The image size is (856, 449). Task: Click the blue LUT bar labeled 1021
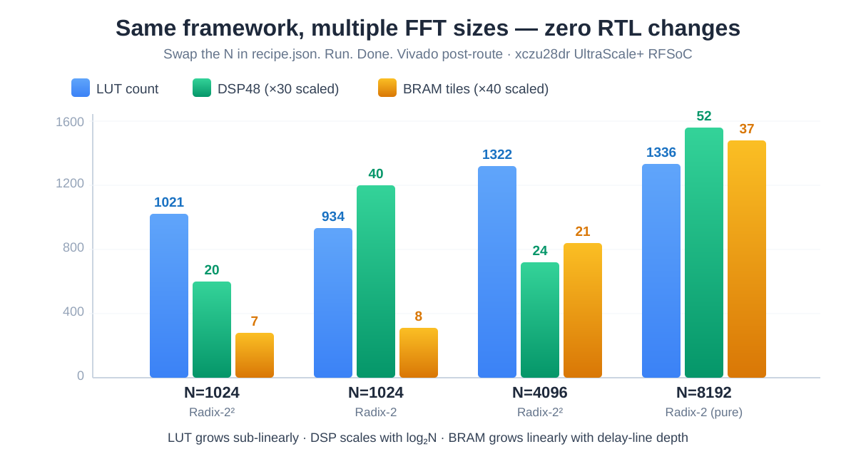point(169,296)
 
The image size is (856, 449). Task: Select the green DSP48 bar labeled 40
point(376,282)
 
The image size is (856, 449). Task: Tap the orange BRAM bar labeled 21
point(583,310)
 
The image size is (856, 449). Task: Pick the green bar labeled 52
point(704,253)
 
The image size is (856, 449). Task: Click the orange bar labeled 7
point(255,355)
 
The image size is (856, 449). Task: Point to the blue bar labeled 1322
point(497,272)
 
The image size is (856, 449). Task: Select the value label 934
point(333,217)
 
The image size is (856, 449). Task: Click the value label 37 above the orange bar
point(747,129)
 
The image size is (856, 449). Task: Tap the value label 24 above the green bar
point(540,251)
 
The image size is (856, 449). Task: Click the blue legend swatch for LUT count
point(81,88)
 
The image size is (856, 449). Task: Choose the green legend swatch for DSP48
point(202,88)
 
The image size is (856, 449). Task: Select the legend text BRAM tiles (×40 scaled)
point(476,89)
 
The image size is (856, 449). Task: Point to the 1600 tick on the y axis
point(70,122)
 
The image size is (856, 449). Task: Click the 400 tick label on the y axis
point(73,311)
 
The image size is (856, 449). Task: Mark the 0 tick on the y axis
point(81,376)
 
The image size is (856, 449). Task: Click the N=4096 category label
point(540,393)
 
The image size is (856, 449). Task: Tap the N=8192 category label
point(704,393)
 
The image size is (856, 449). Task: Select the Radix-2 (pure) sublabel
point(704,412)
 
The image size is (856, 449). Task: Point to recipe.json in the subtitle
point(284,54)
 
